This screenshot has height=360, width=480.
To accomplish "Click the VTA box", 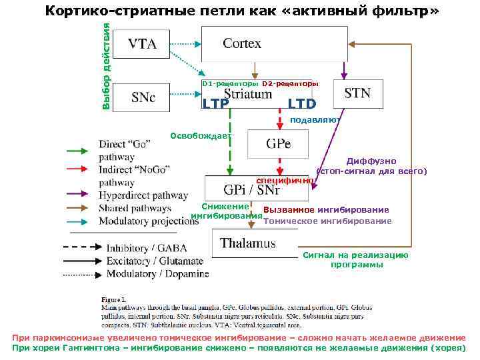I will (141, 45).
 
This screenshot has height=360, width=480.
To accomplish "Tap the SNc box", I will (143, 97).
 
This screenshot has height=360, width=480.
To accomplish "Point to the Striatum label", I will (247, 94).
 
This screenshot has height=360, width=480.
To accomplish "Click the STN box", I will (357, 93).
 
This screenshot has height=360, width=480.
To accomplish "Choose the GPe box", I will (278, 144).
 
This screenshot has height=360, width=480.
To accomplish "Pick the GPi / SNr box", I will (256, 188).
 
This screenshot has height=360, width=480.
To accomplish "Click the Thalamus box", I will (247, 243).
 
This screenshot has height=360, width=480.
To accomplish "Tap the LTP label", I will (215, 104).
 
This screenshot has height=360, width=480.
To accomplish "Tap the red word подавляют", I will (315, 120).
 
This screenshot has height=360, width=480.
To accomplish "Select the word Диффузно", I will (371, 161).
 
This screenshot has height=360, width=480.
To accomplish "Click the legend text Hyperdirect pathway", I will (144, 195).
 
